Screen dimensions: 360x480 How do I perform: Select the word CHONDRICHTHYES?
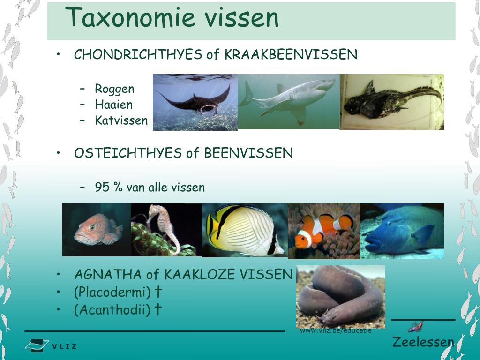pos(138,55)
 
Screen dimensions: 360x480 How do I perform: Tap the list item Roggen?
pos(114,89)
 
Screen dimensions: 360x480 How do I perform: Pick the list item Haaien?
pos(113,105)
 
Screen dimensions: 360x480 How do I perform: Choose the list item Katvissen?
pos(121,120)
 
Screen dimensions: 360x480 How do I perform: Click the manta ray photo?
pos(195,102)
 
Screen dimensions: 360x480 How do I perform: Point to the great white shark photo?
pos(289,101)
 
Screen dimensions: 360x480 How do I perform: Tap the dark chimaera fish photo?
pos(392,102)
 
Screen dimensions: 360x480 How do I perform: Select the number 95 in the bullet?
pos(102,187)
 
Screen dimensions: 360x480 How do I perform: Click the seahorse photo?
pos(166,229)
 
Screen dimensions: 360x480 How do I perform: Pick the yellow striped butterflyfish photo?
pos(244,230)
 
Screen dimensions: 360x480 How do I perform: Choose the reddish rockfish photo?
pos(97,229)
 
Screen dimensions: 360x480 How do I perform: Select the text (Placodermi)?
pos(112,292)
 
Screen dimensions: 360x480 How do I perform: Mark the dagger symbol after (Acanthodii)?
pos(158,310)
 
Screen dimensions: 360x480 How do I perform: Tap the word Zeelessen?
pos(423,342)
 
